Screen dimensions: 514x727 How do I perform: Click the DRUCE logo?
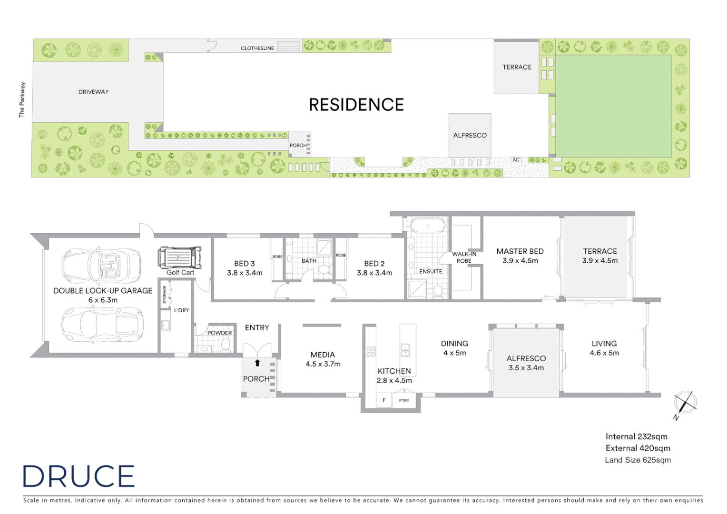[x=79, y=476]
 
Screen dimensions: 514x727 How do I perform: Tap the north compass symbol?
[x=685, y=403]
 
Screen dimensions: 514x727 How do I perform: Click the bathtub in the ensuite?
[x=428, y=225]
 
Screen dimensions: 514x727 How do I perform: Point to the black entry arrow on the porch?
[x=257, y=363]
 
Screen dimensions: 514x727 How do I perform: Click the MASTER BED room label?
[x=520, y=251]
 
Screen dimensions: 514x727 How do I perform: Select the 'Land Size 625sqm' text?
[x=638, y=460]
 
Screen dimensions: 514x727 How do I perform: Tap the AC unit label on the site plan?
[x=516, y=160]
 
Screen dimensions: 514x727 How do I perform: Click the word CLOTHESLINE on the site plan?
[x=257, y=48]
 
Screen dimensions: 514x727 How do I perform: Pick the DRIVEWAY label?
[x=94, y=92]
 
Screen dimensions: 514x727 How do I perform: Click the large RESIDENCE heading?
[x=356, y=105]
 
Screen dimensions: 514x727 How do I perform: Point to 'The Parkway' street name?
[x=21, y=100]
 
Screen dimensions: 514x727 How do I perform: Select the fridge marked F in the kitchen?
[x=384, y=400]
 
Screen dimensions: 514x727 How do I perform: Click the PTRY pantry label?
[x=404, y=401]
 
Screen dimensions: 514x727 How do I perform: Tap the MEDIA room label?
[x=323, y=355]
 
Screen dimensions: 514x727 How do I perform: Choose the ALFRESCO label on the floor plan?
[x=526, y=358]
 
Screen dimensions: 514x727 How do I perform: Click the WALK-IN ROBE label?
[x=464, y=257]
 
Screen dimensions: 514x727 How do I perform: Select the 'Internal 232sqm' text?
[x=636, y=436]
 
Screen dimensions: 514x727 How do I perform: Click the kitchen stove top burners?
[x=371, y=352]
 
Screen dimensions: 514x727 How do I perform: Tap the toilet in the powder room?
[x=226, y=344]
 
